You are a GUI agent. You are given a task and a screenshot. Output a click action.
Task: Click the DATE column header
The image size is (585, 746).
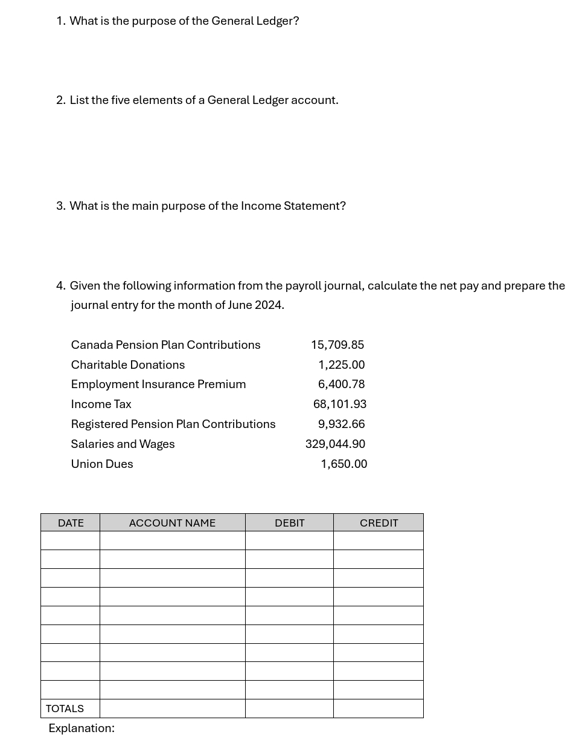[71, 523]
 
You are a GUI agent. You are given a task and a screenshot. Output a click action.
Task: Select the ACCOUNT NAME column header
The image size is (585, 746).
[172, 523]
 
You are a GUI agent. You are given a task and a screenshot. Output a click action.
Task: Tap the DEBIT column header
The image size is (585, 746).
[289, 523]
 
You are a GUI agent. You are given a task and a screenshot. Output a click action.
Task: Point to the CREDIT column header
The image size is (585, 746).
[379, 523]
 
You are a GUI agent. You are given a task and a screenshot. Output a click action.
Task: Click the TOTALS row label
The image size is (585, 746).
[65, 709]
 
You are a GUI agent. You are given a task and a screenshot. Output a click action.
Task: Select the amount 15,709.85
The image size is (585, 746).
[337, 345]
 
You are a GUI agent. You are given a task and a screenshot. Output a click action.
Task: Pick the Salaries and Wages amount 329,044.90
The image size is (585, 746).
[335, 444]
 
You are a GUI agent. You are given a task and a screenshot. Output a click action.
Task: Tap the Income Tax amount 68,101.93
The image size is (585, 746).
[339, 404]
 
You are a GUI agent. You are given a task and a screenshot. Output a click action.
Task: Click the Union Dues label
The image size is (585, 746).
[102, 464]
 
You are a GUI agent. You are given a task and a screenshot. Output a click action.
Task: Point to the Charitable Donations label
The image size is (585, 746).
[128, 365]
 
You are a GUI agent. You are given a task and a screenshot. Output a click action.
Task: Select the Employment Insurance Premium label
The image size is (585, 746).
[158, 384]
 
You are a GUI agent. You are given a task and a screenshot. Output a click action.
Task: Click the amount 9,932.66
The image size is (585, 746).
[341, 424]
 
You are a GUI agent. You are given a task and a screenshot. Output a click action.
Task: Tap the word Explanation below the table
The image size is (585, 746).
[81, 728]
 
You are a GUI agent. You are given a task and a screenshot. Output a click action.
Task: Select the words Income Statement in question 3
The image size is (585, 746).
[293, 206]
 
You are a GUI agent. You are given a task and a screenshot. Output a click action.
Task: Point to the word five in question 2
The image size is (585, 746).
[120, 100]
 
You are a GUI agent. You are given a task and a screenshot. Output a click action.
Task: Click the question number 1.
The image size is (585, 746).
[60, 21]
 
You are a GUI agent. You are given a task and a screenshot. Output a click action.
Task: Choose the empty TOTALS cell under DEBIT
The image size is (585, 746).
[289, 709]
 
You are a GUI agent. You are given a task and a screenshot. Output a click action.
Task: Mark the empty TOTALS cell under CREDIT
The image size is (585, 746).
[379, 709]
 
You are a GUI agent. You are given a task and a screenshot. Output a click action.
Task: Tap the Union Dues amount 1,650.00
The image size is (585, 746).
[344, 464]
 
